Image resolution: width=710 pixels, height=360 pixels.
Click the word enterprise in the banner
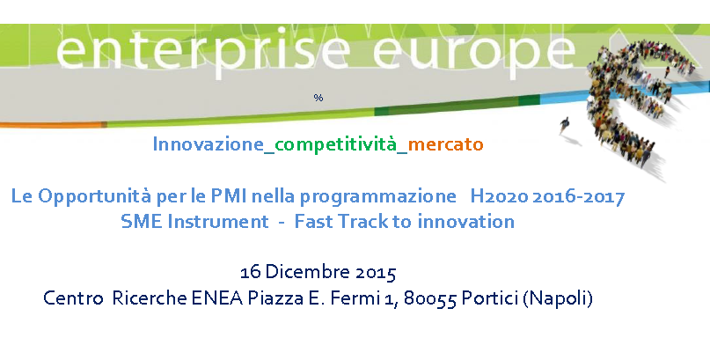(x=202, y=53)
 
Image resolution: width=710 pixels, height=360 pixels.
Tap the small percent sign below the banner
(x=318, y=98)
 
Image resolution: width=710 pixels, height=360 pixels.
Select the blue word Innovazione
(x=209, y=144)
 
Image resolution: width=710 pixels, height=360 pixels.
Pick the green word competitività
(x=335, y=145)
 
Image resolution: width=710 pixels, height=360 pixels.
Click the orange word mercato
(x=445, y=145)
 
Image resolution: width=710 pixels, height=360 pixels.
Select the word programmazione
(x=377, y=197)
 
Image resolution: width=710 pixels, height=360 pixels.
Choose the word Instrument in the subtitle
(x=218, y=222)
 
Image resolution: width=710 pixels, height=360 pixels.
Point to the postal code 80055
(x=429, y=299)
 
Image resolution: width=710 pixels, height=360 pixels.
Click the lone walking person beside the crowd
(x=564, y=126)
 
